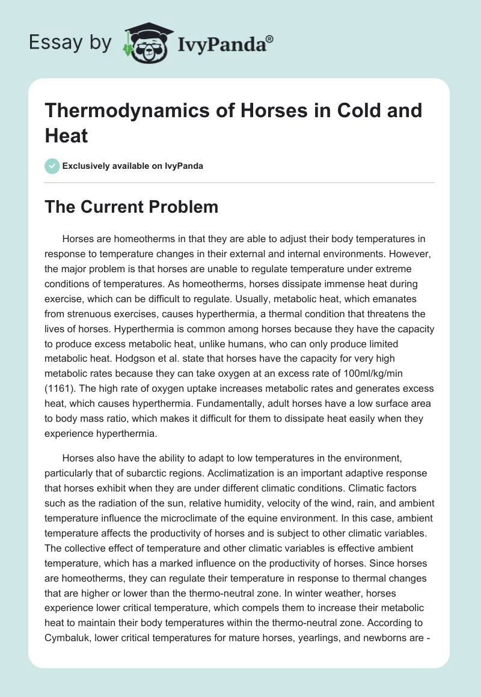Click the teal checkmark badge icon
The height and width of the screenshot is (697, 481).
[x=53, y=166]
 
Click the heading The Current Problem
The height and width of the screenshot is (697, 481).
[x=132, y=207]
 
